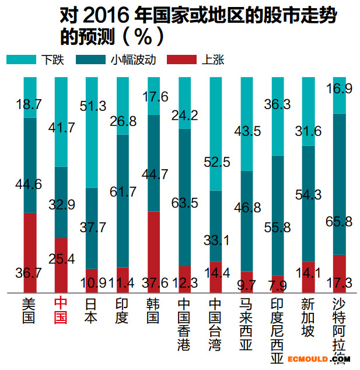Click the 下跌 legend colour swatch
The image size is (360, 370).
[22, 60]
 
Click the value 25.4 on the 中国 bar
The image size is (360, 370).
[61, 259]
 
